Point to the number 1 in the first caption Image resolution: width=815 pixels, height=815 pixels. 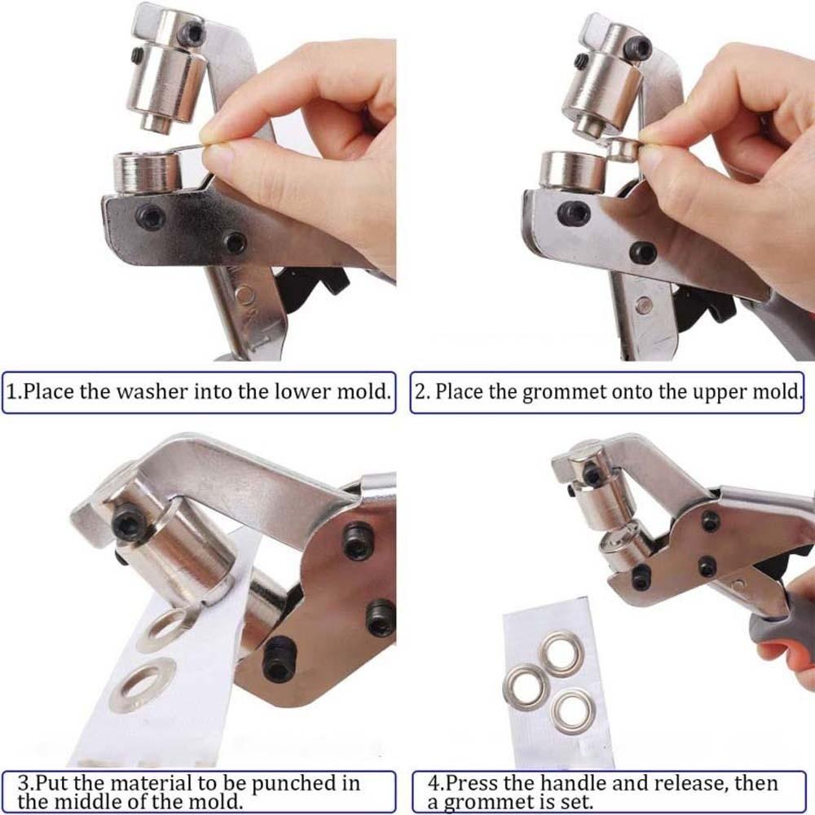pyautogui.click(x=11, y=391)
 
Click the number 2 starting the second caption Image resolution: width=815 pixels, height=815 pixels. pyautogui.click(x=421, y=392)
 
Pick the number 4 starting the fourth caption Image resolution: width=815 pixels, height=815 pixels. pyautogui.click(x=433, y=784)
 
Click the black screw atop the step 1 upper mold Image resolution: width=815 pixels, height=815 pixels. pyautogui.click(x=192, y=33)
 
